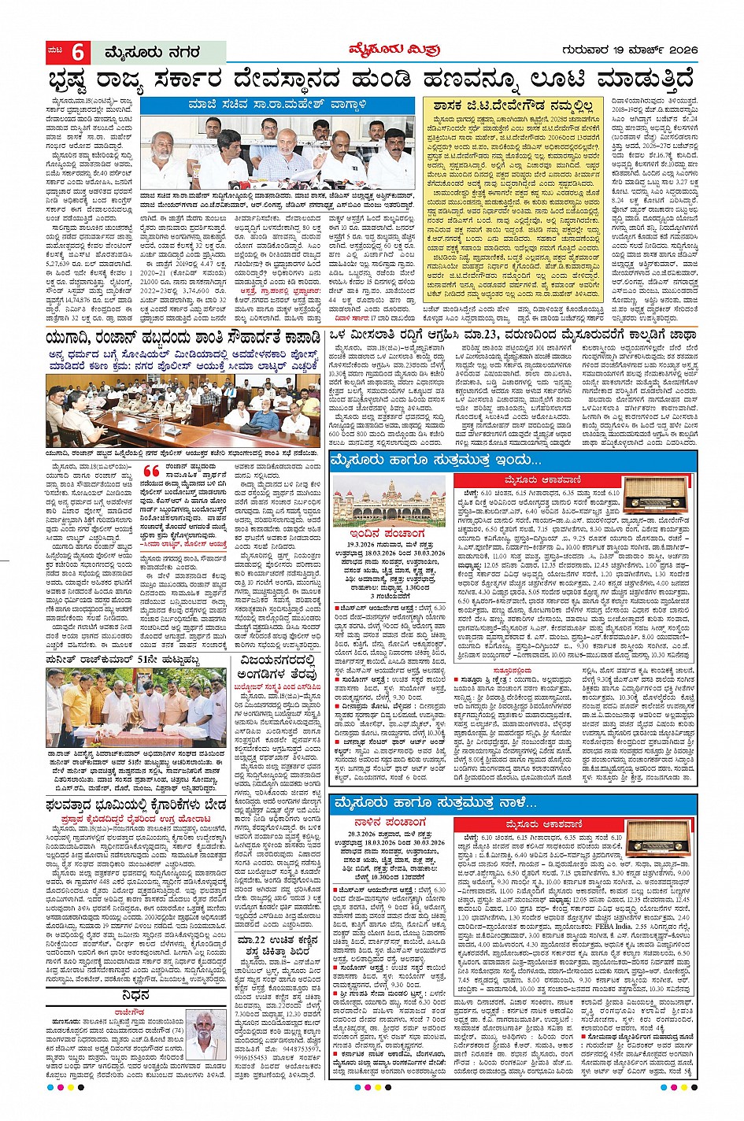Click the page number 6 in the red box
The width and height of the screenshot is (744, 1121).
click(78, 52)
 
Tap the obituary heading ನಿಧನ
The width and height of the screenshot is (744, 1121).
click(135, 996)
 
